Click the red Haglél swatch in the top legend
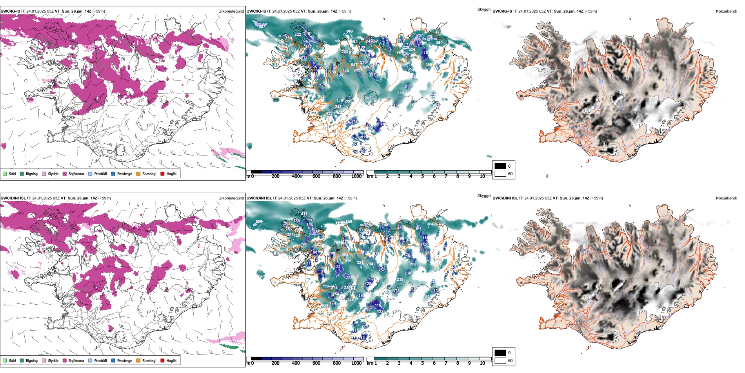(162, 174)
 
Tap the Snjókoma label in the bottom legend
(76, 360)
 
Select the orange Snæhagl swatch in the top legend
(138, 174)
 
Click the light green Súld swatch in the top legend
(5, 174)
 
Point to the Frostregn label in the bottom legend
(125, 360)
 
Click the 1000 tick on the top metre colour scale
(356, 176)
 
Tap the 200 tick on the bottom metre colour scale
(276, 363)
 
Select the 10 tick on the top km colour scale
(482, 176)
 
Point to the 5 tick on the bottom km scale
(423, 363)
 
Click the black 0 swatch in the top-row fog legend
(500, 166)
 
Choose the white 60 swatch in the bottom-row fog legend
(500, 360)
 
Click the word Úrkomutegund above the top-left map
(231, 11)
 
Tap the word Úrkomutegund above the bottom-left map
(231, 198)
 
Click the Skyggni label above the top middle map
(484, 9)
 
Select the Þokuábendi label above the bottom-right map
(726, 198)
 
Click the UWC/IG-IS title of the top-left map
(10, 11)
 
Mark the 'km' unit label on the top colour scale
(369, 176)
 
